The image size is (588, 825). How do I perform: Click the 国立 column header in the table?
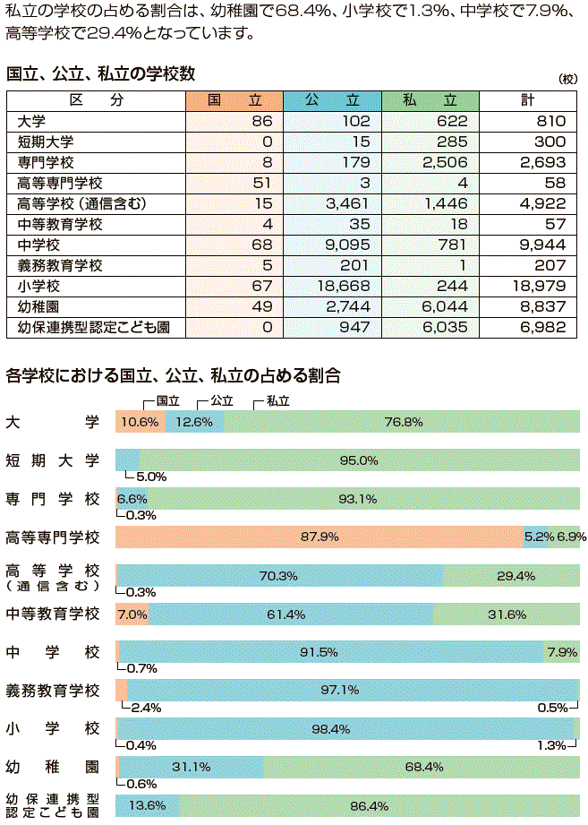(x=234, y=100)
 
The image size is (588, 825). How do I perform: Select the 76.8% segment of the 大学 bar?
(x=403, y=422)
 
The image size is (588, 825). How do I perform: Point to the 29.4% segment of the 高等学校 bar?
(x=511, y=576)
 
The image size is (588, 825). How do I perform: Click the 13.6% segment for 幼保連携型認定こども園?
(x=148, y=806)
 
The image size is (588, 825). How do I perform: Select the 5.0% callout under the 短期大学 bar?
(x=150, y=477)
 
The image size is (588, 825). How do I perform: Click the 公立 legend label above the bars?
(x=221, y=402)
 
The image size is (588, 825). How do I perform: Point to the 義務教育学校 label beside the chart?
(x=53, y=691)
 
